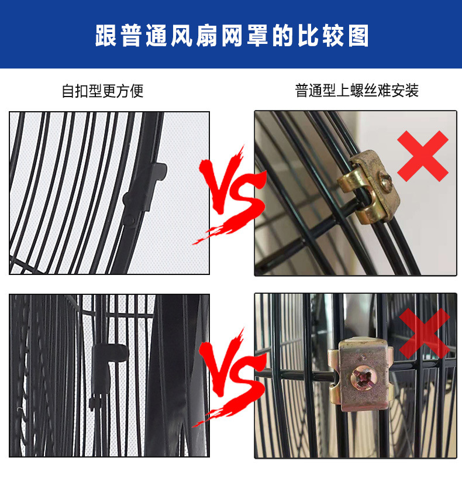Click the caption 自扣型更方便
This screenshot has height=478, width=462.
(102, 91)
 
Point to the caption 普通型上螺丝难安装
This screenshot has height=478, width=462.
(357, 91)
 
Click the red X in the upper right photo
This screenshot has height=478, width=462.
(423, 155)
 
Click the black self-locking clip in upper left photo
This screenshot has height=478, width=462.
(143, 187)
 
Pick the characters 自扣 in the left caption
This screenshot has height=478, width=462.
(75, 91)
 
